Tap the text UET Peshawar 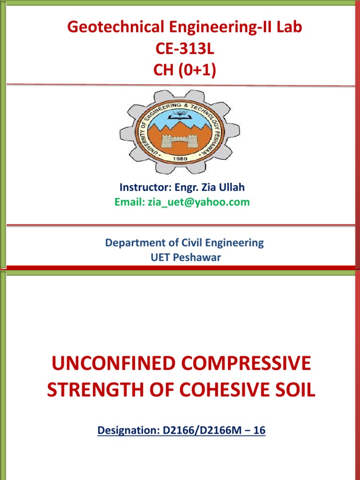tap(184, 258)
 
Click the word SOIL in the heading tap(293, 390)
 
